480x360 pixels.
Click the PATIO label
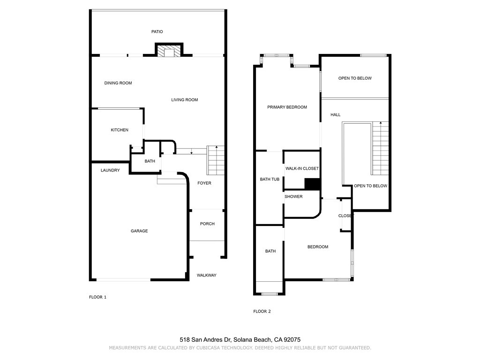pos(157,32)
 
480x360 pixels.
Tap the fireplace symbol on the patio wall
pos(168,51)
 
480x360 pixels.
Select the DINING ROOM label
pos(118,83)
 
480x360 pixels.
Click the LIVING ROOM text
pos(184,100)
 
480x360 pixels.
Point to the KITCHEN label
pos(120,130)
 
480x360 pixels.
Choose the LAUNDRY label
pos(110,170)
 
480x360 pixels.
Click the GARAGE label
pos(139,231)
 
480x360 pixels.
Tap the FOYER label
pos(204,183)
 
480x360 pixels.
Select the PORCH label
pos(207,224)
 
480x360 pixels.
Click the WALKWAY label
pos(206,275)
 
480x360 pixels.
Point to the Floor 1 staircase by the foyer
pos(216,160)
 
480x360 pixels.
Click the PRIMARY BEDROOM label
pos(287,107)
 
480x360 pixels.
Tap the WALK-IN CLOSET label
pos(302,168)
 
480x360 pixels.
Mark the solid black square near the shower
pos(312,184)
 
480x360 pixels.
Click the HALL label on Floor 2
pos(336,115)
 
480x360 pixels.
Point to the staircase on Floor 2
pos(381,148)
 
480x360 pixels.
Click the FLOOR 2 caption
pos(262,311)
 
